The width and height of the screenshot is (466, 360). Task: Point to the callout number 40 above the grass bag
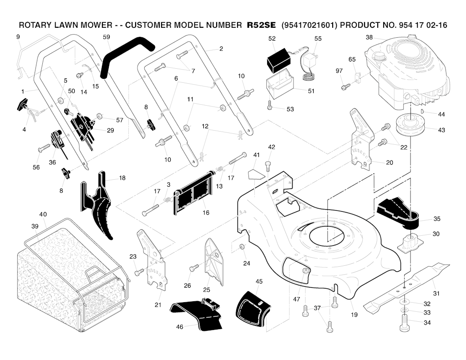tap(43, 214)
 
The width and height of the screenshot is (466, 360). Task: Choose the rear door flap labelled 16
tap(193, 193)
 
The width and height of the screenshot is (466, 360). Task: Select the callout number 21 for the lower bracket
tap(158, 304)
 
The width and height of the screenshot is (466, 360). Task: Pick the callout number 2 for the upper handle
tap(221, 48)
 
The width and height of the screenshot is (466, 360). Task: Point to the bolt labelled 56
tap(45, 147)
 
